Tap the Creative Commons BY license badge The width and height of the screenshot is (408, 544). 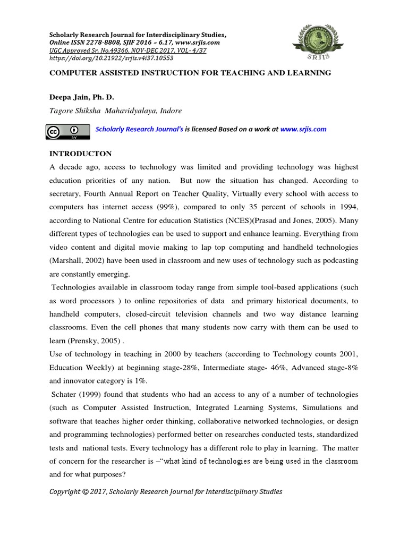[67, 132]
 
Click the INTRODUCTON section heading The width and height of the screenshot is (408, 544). [81, 154]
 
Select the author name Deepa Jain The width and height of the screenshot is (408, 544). [70, 98]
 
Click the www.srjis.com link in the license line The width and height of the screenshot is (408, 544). [303, 129]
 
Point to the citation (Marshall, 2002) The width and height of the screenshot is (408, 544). [79, 260]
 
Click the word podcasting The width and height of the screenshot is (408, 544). [337, 260]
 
